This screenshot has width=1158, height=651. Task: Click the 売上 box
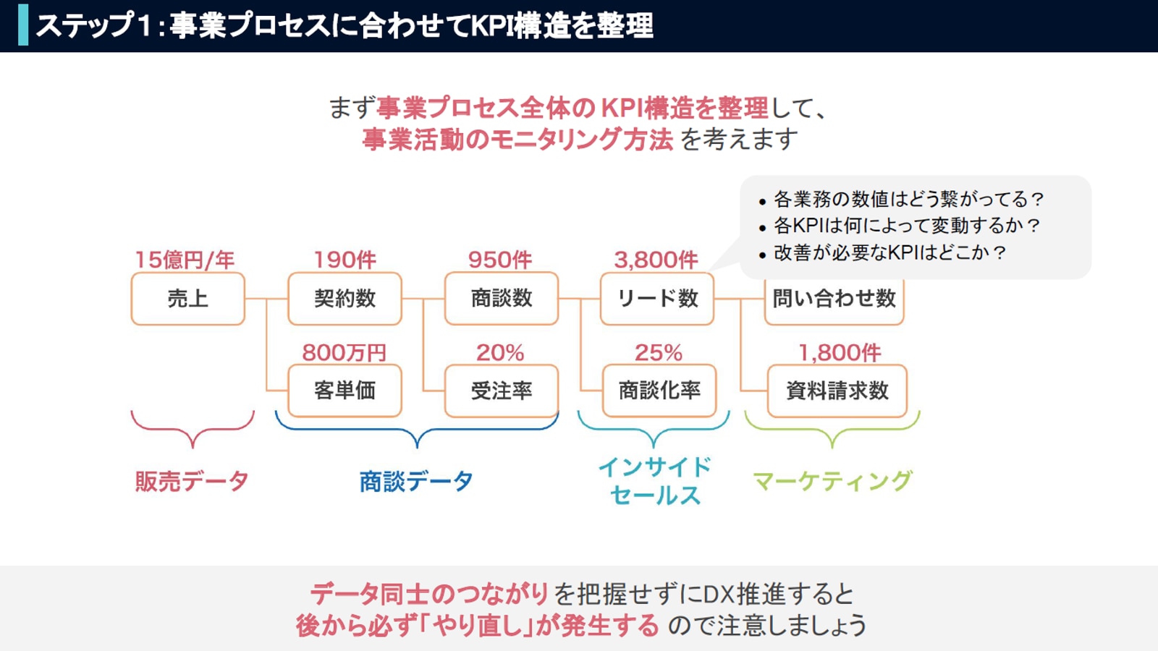[187, 299]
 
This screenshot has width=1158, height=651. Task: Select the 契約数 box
[345, 299]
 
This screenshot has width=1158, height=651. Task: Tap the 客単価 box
[345, 391]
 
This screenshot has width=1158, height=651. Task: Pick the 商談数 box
[502, 299]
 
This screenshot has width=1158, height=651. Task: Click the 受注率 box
[502, 391]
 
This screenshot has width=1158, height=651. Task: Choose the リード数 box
[657, 299]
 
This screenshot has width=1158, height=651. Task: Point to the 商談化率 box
[659, 391]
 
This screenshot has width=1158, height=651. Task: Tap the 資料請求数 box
[837, 391]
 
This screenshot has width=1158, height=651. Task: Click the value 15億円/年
[185, 260]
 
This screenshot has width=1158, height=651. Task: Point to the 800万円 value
[345, 353]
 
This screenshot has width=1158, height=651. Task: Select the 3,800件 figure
[656, 260]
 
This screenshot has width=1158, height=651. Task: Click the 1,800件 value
[840, 353]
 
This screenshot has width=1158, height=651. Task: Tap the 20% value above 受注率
[500, 353]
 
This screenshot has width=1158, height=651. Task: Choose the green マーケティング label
[832, 481]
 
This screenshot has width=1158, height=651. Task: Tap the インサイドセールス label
[655, 481]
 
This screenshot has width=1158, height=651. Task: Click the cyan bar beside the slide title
[23, 25]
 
